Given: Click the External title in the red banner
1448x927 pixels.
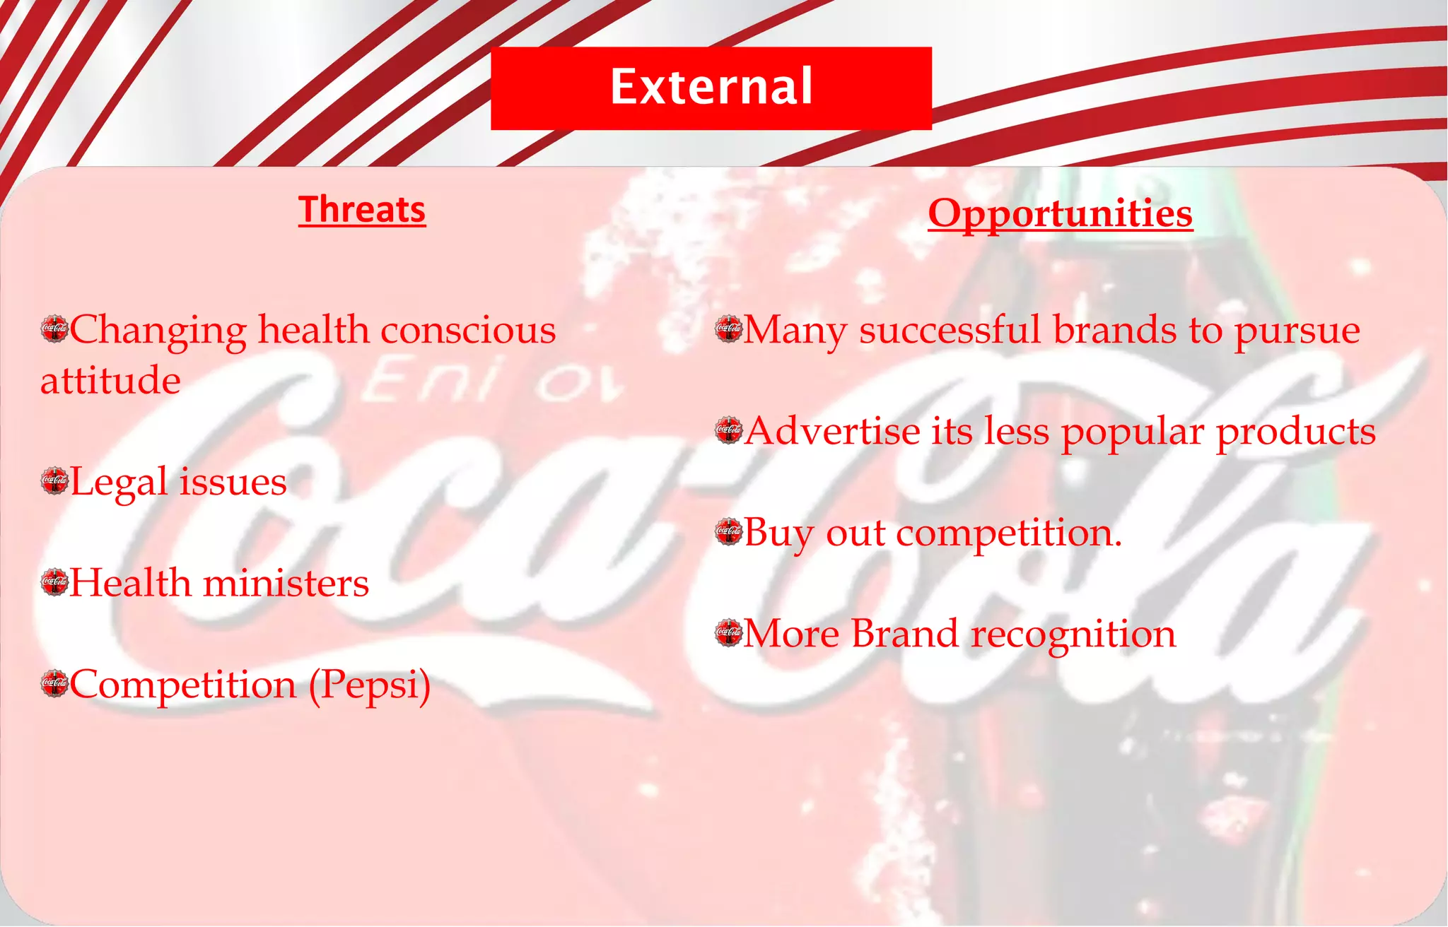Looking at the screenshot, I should (x=711, y=88).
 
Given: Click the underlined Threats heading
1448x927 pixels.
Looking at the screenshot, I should (x=362, y=211).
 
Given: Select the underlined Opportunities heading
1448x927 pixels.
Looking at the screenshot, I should (x=1060, y=213).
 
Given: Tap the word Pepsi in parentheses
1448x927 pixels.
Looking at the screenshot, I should (x=370, y=685).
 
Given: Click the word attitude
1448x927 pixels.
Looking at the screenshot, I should (x=110, y=381).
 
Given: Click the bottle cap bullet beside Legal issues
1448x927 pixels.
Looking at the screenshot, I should (x=54, y=481).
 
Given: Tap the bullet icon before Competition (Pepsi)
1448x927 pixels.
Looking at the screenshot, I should (x=54, y=683).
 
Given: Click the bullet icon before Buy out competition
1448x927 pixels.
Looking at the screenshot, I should (x=728, y=531).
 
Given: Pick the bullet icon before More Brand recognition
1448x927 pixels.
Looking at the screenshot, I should (x=728, y=632).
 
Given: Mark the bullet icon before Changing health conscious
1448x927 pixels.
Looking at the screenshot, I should (x=54, y=329).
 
